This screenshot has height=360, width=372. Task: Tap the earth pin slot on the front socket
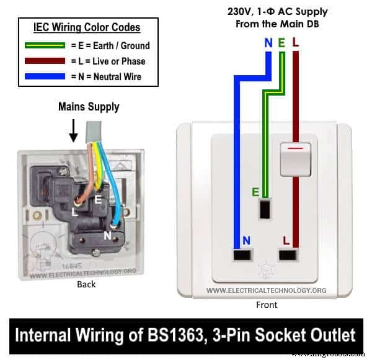(x=266, y=210)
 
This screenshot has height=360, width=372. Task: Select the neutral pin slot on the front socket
(x=242, y=254)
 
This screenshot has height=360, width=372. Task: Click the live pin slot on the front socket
(x=287, y=254)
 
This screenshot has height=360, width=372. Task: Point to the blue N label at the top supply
(x=268, y=43)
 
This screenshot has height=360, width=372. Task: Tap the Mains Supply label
(x=89, y=107)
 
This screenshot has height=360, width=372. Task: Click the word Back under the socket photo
(x=86, y=284)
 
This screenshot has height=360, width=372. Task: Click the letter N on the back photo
(x=107, y=236)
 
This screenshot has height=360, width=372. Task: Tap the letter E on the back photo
(x=97, y=200)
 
